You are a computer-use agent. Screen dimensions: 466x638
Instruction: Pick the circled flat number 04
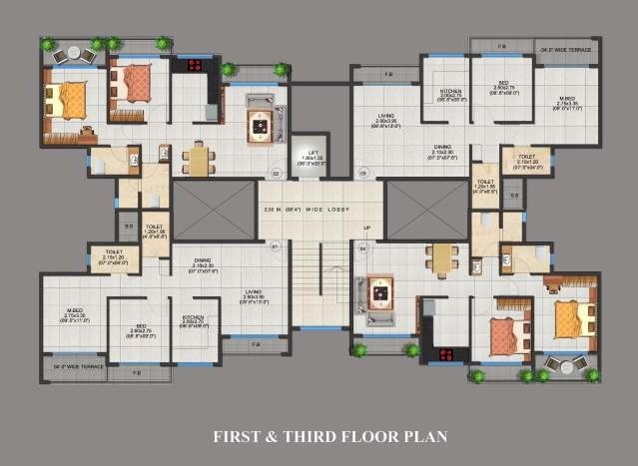coord(362,246)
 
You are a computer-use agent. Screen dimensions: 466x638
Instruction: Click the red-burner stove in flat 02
coord(192,67)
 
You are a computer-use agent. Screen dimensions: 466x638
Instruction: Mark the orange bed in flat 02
coord(71,101)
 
